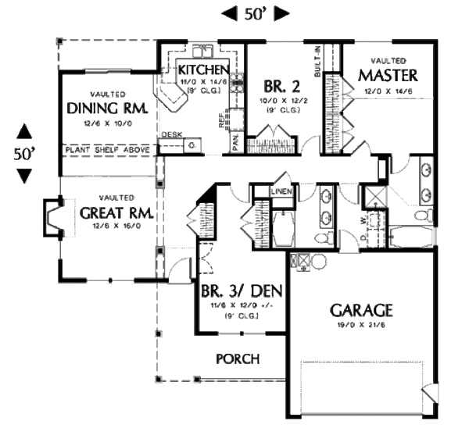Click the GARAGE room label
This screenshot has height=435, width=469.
coord(360,309)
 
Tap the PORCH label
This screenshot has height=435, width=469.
coord(238,358)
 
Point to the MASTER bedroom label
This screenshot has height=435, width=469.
coord(388,76)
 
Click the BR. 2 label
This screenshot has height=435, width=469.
coord(277,85)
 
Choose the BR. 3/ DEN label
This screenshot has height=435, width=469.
coord(242,291)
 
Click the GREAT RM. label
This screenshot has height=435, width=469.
coord(115,213)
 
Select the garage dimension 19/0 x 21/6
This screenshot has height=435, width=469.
coord(360,325)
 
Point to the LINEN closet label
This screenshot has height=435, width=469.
coord(282,191)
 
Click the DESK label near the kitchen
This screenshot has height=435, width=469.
coord(171,135)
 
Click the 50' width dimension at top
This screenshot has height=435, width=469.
coord(256,13)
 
